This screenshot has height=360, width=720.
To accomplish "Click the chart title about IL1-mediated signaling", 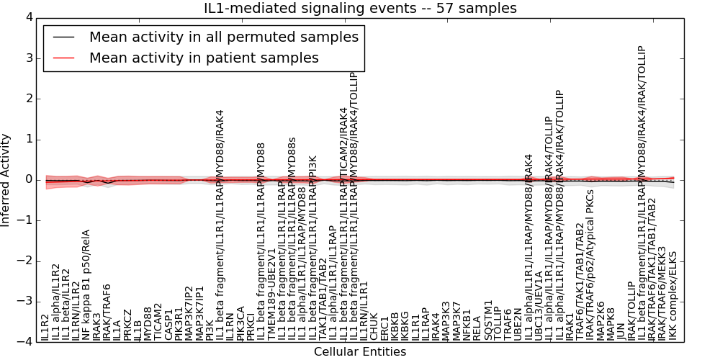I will coord(360,8).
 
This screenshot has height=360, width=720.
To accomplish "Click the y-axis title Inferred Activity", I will coord(6,179).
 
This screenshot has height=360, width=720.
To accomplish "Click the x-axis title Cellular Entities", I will coord(360,352).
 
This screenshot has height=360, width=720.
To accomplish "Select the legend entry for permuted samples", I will coord(223,37).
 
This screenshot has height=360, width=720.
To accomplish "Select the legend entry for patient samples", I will coord(204,58).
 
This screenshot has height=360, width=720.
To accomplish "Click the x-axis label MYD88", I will coord(148,323).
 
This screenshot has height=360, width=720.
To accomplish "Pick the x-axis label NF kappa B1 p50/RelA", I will coord(86,285).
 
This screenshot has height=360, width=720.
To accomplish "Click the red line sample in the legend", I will coord(62,58).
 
